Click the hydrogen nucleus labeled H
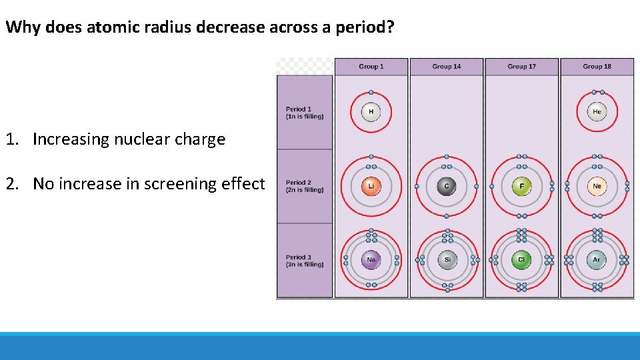click(371, 112)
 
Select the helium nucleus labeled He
click(597, 112)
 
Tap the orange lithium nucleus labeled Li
click(371, 186)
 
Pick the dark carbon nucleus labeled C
click(447, 186)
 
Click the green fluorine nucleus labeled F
click(521, 186)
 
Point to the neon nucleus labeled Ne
click(597, 186)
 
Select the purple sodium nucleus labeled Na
click(371, 260)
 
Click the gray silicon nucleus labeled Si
click(447, 260)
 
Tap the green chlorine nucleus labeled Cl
click(521, 260)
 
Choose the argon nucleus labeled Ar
click(597, 260)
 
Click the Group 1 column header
click(371, 67)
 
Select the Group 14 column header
click(447, 67)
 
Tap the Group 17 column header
click(521, 67)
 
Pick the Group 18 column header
click(597, 67)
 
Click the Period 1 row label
click(305, 113)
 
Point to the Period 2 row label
click(305, 186)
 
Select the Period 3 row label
click(305, 261)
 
